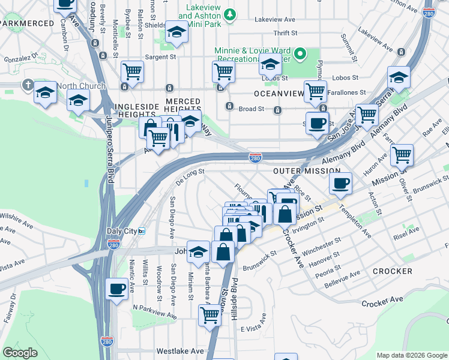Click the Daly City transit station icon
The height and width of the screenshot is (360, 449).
click(x=142, y=232)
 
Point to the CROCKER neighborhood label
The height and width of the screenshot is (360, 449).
click(x=392, y=271)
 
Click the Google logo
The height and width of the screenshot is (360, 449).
click(x=20, y=353)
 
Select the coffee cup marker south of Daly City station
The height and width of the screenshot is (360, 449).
click(x=116, y=289)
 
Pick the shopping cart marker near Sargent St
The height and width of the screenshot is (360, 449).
click(x=132, y=71)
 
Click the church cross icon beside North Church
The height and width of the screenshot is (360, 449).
click(x=28, y=85)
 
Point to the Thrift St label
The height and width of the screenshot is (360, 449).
click(x=285, y=34)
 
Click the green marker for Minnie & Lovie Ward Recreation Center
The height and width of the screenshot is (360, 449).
click(x=304, y=56)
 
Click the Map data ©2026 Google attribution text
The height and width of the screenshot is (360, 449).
click(x=411, y=355)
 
